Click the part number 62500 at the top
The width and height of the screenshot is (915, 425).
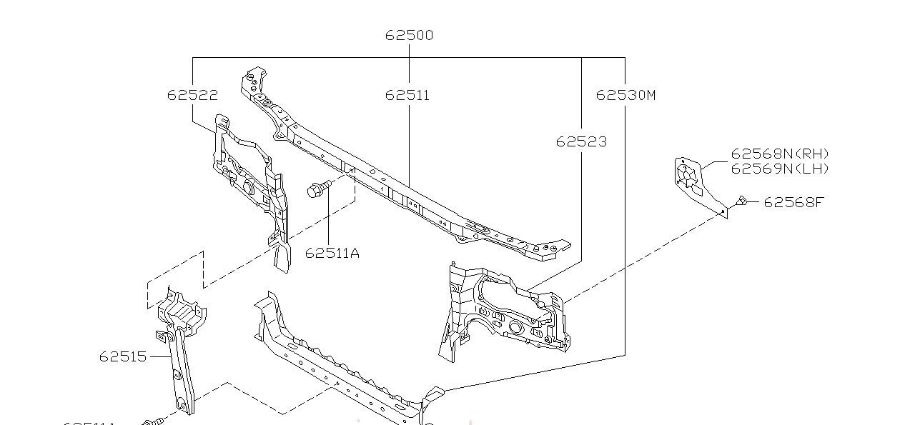pyautogui.click(x=409, y=35)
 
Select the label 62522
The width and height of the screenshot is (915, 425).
pyautogui.click(x=192, y=95)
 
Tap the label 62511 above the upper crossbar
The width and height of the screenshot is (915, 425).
pyautogui.click(x=407, y=95)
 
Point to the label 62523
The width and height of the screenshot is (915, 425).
pyautogui.click(x=581, y=141)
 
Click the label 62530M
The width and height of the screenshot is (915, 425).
pyautogui.click(x=625, y=95)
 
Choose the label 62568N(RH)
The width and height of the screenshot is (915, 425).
pyautogui.click(x=780, y=154)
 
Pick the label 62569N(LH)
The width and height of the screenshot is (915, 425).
pyautogui.click(x=780, y=169)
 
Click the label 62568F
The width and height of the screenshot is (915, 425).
pyautogui.click(x=793, y=202)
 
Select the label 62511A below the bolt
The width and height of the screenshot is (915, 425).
pyautogui.click(x=332, y=252)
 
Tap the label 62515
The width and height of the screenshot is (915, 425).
pyautogui.click(x=123, y=356)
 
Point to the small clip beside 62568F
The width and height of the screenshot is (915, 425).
pyautogui.click(x=742, y=202)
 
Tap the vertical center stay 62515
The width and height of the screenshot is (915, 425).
pyautogui.click(x=180, y=350)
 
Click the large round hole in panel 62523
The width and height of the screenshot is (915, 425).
pyautogui.click(x=514, y=326)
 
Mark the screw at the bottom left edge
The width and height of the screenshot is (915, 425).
pyautogui.click(x=154, y=421)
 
